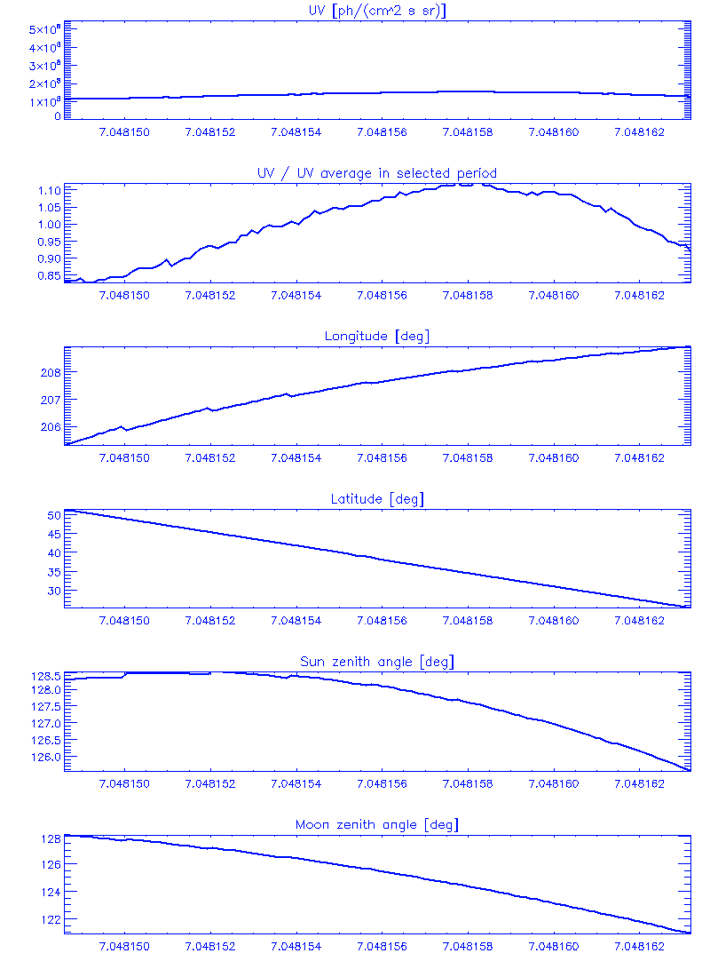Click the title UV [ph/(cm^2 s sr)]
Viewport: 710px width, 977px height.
pyautogui.click(x=376, y=10)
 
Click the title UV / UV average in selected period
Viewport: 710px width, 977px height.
pyautogui.click(x=376, y=172)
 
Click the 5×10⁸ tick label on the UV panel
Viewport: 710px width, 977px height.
pyautogui.click(x=43, y=30)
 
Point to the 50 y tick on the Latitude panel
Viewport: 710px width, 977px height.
pyautogui.click(x=53, y=515)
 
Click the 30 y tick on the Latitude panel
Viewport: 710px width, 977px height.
pyautogui.click(x=53, y=591)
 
